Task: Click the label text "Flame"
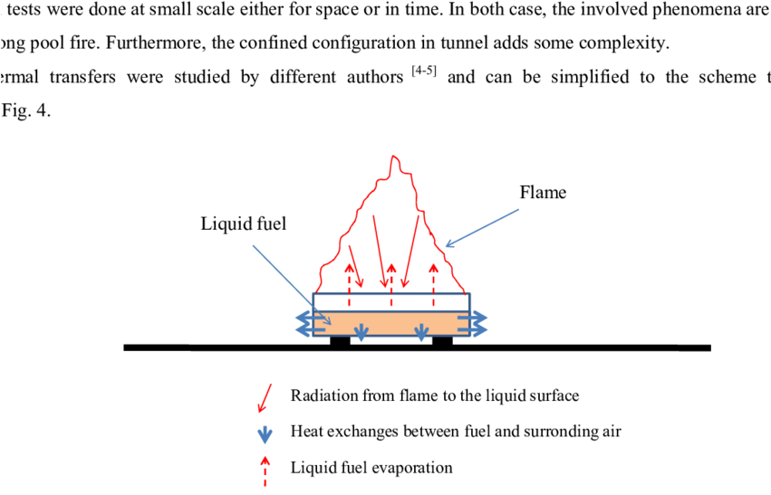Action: [543, 192]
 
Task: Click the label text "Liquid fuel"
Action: [243, 224]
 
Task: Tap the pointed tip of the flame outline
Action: [394, 157]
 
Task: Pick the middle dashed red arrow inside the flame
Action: [391, 283]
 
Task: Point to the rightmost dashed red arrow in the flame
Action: [434, 283]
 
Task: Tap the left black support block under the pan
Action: [340, 341]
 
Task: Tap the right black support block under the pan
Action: [442, 341]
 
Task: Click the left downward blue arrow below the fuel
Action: [361, 332]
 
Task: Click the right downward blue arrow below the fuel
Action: [421, 332]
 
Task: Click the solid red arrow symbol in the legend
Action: [265, 396]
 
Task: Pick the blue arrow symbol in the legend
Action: [265, 433]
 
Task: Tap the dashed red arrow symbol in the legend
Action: [265, 468]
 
